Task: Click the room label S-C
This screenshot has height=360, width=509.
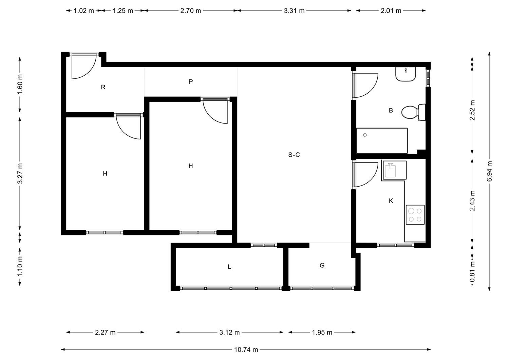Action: click(x=294, y=155)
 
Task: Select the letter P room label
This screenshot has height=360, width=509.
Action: click(x=191, y=81)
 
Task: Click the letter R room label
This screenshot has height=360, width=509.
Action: click(x=103, y=87)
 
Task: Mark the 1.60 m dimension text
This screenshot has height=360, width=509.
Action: click(x=20, y=84)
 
